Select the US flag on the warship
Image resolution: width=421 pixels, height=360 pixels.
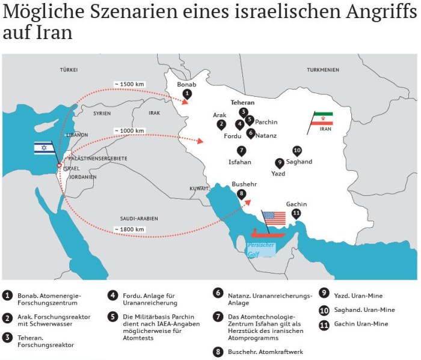(x=273, y=217)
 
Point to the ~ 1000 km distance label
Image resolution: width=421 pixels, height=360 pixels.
(x=128, y=130)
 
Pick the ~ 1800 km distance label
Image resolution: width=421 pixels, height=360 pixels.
(x=128, y=228)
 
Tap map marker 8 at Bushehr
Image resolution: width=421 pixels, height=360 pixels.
(x=241, y=194)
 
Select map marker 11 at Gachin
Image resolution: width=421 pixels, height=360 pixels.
(x=296, y=213)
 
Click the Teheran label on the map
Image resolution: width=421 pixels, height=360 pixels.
(x=242, y=103)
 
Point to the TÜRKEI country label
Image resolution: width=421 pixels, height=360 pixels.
(x=69, y=70)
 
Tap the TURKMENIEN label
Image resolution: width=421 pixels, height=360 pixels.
(x=324, y=70)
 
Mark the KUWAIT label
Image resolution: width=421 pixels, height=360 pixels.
(x=198, y=188)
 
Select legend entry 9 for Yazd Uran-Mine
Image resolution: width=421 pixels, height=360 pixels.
(x=324, y=295)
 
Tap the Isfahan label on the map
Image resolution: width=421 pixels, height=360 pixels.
(x=240, y=162)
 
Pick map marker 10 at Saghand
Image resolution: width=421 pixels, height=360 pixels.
(x=297, y=150)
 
